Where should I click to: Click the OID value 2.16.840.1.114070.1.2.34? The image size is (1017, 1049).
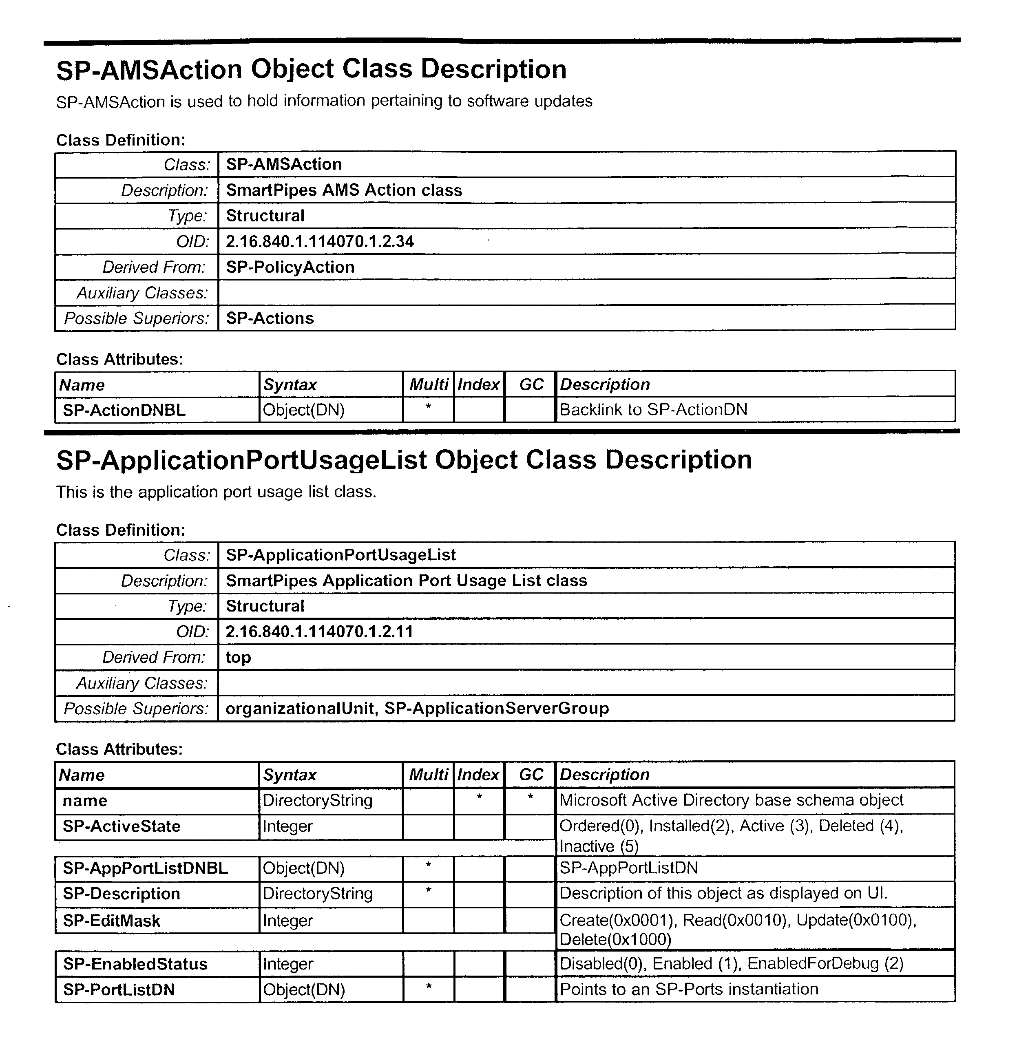click(x=320, y=241)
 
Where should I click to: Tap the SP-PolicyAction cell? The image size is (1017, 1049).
click(x=290, y=267)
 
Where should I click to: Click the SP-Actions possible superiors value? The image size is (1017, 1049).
click(x=270, y=318)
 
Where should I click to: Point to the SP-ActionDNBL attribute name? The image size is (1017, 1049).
click(x=124, y=410)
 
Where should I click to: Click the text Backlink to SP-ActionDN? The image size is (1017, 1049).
click(x=653, y=410)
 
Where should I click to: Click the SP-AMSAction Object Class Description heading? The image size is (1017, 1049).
click(x=311, y=70)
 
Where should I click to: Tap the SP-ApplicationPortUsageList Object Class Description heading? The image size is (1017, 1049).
click(x=404, y=460)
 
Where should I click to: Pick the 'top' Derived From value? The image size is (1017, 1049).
click(x=238, y=657)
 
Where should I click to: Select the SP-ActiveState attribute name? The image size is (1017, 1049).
click(x=122, y=826)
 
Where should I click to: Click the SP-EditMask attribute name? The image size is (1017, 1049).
click(x=111, y=921)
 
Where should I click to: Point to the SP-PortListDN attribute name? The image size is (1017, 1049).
click(x=119, y=989)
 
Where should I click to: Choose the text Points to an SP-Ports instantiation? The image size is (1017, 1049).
click(x=688, y=989)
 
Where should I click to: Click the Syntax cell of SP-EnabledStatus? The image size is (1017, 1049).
click(x=287, y=964)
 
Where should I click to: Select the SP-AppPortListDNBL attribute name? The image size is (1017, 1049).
click(x=145, y=868)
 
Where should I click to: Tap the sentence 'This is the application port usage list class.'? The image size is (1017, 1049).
click(x=216, y=492)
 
